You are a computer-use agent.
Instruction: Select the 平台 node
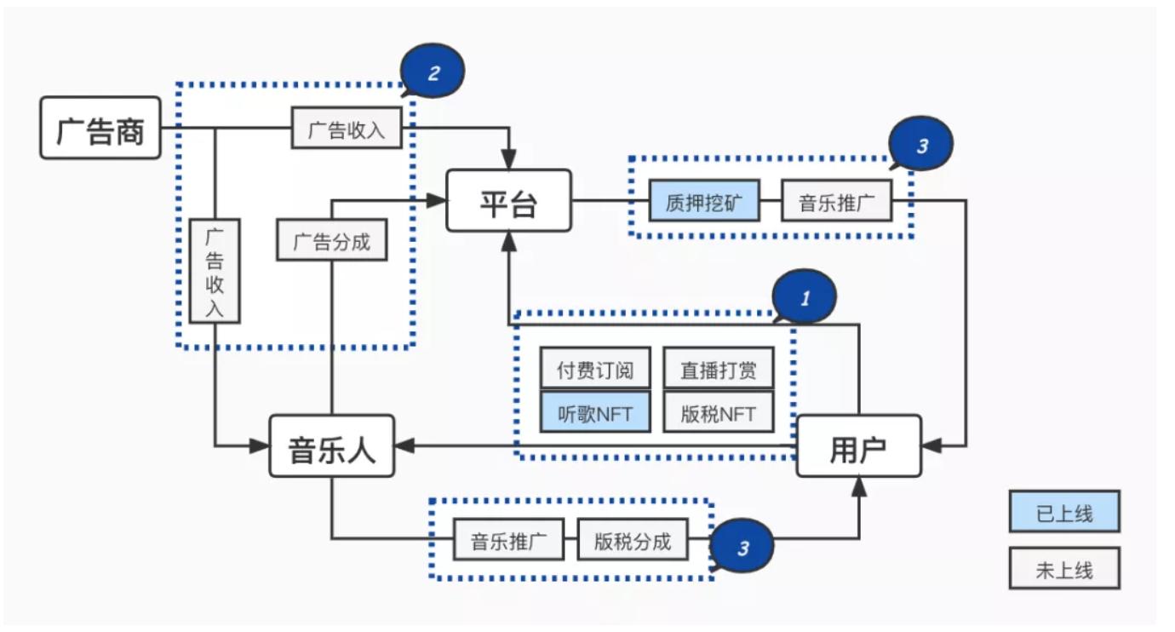[508, 201]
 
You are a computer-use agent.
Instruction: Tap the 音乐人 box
[332, 446]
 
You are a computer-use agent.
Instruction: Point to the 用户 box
[858, 446]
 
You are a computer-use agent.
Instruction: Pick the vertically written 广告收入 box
[215, 271]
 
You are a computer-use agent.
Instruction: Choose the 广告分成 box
[332, 241]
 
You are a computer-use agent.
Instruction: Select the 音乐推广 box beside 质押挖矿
[836, 202]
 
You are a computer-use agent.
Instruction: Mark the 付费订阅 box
[595, 369]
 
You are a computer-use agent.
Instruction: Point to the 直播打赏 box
[718, 369]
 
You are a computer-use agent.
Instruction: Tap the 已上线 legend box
[1064, 512]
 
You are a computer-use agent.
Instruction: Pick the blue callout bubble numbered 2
[433, 72]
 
